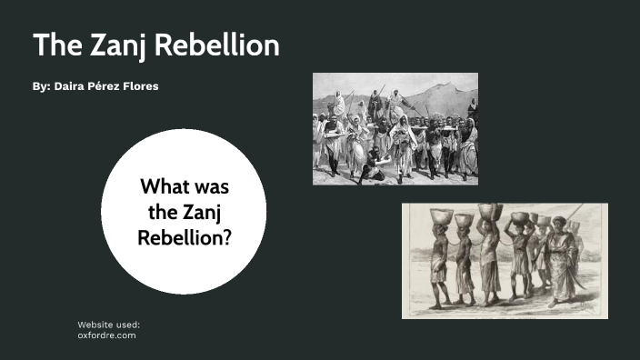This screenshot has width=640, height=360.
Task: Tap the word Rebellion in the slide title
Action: pyautogui.click(x=217, y=45)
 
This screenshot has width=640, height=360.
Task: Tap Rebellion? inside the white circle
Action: pyautogui.click(x=184, y=236)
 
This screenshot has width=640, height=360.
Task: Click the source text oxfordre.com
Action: pyautogui.click(x=106, y=335)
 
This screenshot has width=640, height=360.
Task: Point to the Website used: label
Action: pyautogui.click(x=108, y=324)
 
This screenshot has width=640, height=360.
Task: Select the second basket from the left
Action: pyautogui.click(x=464, y=219)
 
